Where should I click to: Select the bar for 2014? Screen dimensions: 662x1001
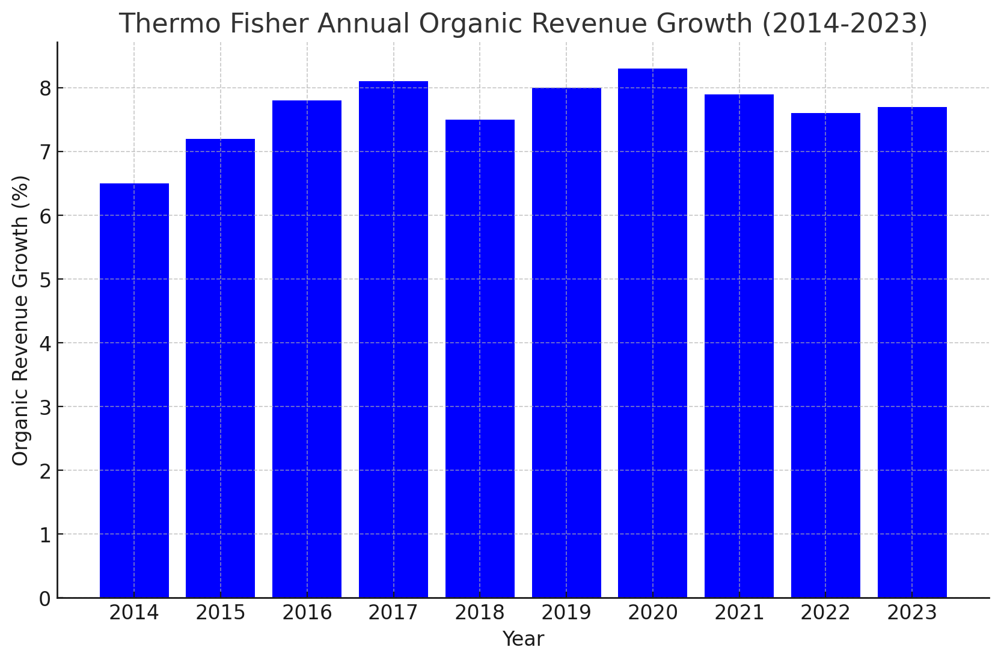[x=134, y=391]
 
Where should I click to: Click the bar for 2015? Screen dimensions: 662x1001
[x=220, y=368]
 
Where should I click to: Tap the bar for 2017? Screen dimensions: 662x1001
[x=393, y=340]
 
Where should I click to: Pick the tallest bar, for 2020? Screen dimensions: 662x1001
[x=652, y=333]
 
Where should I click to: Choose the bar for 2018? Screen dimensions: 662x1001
[x=480, y=358]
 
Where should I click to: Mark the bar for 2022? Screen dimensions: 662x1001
[x=825, y=355]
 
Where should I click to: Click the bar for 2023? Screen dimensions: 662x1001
[x=912, y=352]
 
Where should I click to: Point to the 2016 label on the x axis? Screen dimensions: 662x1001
[x=307, y=613]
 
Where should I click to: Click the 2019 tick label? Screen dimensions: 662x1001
[x=566, y=613]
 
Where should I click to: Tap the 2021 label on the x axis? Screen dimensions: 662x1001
[x=739, y=613]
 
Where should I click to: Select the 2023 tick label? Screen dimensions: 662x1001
[x=912, y=613]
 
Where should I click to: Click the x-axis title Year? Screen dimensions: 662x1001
[x=523, y=639]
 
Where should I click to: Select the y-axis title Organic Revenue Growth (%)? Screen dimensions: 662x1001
[x=20, y=320]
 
